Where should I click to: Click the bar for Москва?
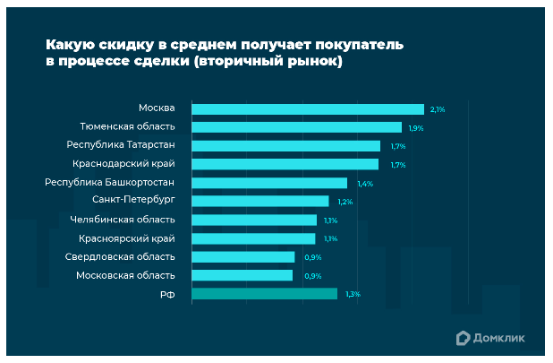[x=307, y=109]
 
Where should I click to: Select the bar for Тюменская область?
[x=296, y=127]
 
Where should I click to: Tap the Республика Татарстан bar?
[x=285, y=146]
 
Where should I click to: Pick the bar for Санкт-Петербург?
[x=259, y=201]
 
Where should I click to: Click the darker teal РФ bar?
[x=264, y=294]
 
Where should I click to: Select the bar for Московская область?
[x=242, y=275]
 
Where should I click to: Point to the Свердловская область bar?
[x=242, y=257]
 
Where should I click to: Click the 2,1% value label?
[x=438, y=109]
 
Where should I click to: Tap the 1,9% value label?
[x=415, y=128]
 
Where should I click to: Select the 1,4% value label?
[x=364, y=184]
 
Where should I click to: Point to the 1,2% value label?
[x=345, y=202]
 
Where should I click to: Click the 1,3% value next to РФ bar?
[x=353, y=294]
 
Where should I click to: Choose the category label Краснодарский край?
[x=123, y=164]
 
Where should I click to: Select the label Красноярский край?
[x=126, y=238]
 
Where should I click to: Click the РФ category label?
[x=167, y=294]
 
